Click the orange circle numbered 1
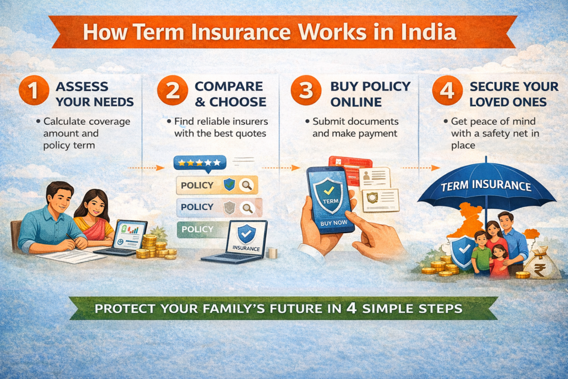pos(33,93)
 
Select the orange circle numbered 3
pos(306,93)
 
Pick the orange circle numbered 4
pos(446,93)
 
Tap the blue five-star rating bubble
pos(200,163)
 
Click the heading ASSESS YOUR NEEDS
pos(94,94)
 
